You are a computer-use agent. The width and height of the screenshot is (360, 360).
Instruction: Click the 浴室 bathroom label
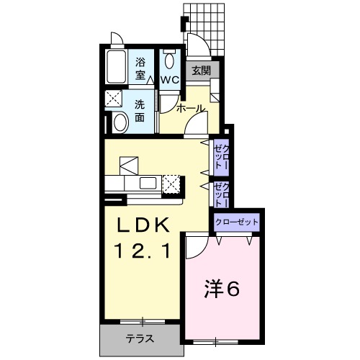[140, 68]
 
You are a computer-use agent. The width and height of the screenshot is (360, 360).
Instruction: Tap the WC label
[170, 80]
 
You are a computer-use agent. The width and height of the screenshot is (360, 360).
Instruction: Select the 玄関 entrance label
[201, 71]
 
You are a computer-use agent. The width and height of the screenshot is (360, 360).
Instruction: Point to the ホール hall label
[192, 109]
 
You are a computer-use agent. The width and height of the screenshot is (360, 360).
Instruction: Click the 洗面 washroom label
[140, 111]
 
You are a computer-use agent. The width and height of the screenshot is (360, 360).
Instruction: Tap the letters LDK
[143, 225]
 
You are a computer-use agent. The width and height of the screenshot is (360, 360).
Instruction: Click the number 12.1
[143, 251]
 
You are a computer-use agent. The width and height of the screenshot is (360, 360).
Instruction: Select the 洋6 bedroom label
[222, 289]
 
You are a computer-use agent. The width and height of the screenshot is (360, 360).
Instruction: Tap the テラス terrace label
[140, 338]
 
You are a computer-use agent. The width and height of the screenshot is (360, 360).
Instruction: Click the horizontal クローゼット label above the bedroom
[237, 222]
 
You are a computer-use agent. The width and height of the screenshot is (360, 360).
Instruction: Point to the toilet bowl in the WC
[170, 61]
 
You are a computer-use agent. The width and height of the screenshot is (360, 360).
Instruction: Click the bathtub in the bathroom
[116, 66]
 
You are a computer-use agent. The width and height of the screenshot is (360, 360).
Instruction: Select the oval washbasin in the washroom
[120, 122]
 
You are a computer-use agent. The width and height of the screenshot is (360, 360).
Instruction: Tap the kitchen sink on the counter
[148, 183]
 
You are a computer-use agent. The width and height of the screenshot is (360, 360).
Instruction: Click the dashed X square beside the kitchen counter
[171, 184]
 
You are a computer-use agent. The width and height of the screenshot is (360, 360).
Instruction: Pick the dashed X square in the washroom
[114, 98]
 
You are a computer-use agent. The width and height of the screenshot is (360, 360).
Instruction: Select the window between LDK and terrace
[143, 322]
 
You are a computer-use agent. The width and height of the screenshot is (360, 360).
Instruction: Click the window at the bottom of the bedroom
[215, 342]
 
